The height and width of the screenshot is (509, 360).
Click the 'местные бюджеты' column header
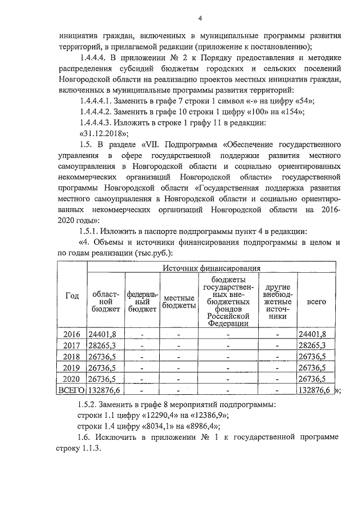[x=178, y=301]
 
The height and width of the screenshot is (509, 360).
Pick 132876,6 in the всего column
[x=315, y=390]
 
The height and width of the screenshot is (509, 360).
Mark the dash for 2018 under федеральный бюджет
[x=142, y=357]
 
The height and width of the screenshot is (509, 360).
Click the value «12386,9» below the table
[x=209, y=416]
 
